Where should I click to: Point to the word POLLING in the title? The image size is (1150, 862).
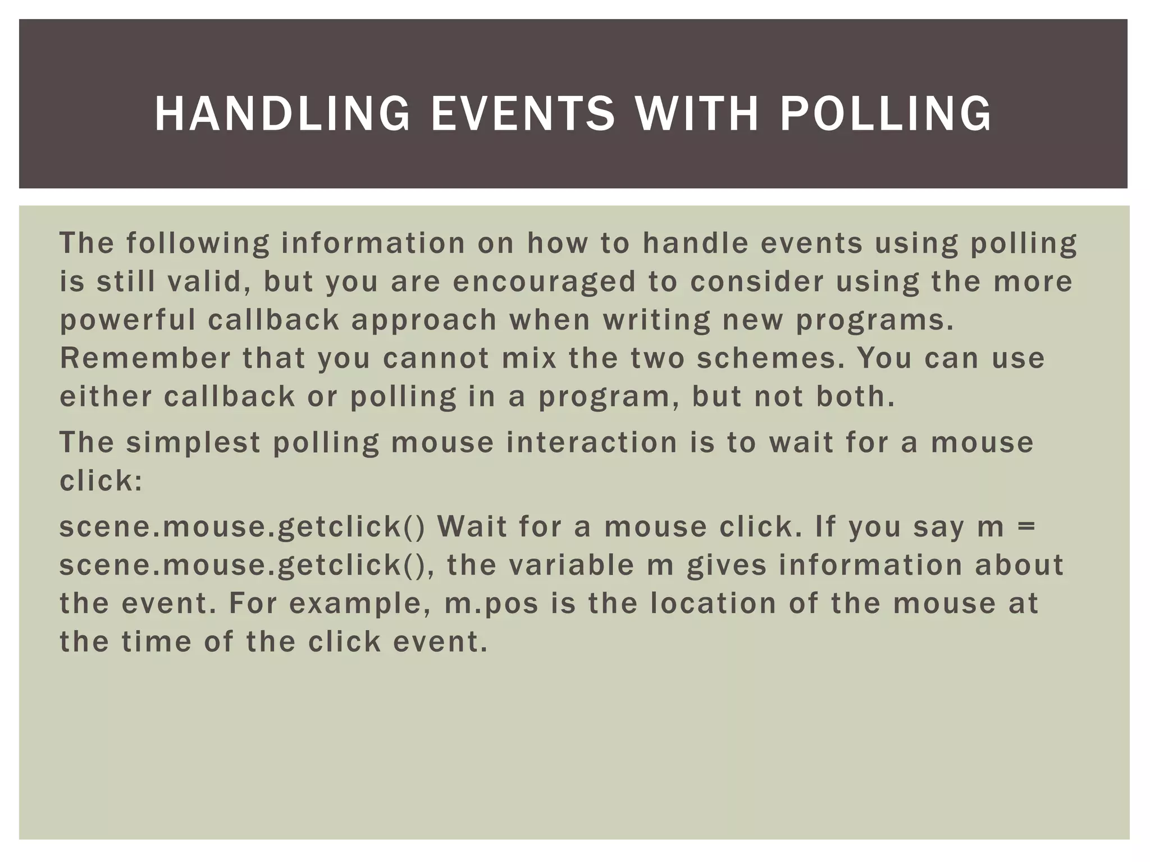click(x=886, y=114)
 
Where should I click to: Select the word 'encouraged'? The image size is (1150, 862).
click(x=544, y=282)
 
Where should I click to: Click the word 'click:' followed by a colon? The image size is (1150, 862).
click(x=102, y=480)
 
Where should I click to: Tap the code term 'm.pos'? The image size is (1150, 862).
click(x=492, y=604)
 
